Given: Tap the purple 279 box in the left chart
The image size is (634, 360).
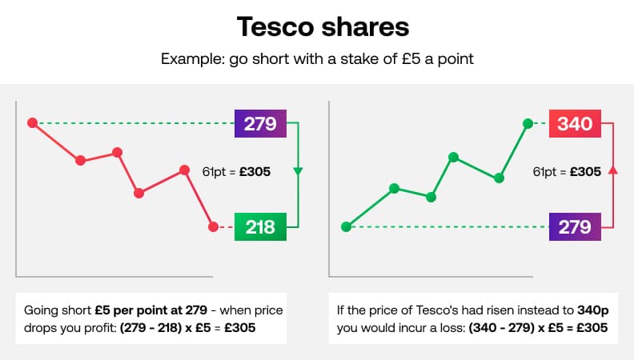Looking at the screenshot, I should pyautogui.click(x=260, y=123).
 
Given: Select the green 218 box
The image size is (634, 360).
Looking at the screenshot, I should pyautogui.click(x=260, y=227).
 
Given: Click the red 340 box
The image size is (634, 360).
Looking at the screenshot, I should pyautogui.click(x=575, y=123).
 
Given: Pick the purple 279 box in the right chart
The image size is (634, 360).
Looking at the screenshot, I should pyautogui.click(x=575, y=227).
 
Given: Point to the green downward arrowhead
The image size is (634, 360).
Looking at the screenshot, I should pyautogui.click(x=298, y=171).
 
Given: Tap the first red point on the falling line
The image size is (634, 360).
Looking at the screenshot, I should pyautogui.click(x=32, y=122).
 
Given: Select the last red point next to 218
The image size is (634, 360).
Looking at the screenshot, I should pyautogui.click(x=213, y=227).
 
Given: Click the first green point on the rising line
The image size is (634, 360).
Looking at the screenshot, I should pyautogui.click(x=346, y=227).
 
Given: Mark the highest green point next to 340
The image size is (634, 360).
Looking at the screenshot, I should pyautogui.click(x=528, y=123).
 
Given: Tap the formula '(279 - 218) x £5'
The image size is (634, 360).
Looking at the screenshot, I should pyautogui.click(x=167, y=327).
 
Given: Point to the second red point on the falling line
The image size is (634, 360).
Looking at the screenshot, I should pyautogui.click(x=80, y=160).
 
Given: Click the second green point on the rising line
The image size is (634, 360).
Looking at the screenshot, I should pyautogui.click(x=394, y=189).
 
